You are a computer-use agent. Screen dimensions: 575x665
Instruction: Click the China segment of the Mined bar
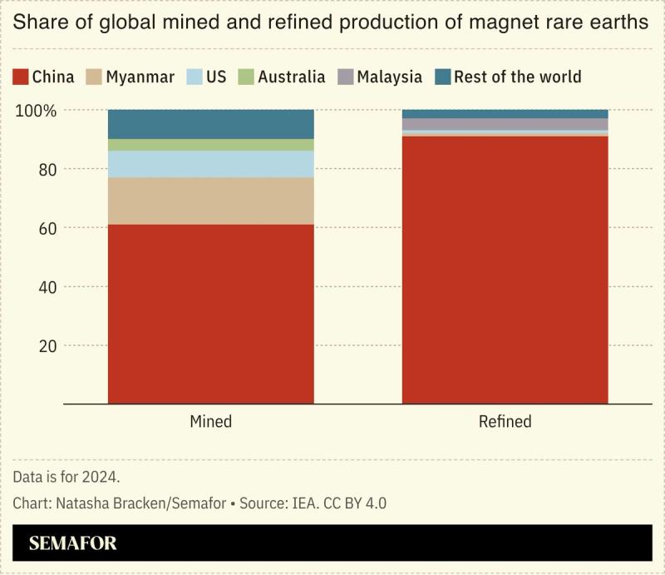[211, 314]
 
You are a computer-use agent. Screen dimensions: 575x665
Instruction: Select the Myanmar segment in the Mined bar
[211, 201]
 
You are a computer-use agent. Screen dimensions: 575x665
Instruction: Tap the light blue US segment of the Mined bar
[211, 164]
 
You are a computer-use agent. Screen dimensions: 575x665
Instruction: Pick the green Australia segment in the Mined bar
[211, 145]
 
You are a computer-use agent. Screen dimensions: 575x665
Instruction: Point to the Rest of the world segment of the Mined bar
[211, 124]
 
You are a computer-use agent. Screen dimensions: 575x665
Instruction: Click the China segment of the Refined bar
[505, 270]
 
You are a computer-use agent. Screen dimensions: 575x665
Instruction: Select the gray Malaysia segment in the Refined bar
[505, 124]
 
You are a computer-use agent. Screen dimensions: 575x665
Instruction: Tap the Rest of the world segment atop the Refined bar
[505, 114]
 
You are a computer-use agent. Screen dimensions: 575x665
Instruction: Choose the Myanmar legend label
[140, 77]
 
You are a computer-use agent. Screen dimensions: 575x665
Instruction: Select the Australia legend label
[291, 77]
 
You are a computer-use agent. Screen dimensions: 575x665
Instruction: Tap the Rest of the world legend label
[517, 77]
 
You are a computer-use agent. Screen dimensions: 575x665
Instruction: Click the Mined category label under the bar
[211, 422]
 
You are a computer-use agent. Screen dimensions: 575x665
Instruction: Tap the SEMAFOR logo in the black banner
[73, 544]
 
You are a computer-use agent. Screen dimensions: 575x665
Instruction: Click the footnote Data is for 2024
[66, 477]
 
